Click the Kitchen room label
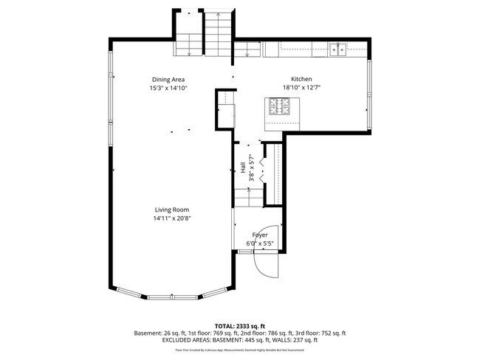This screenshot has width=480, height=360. click(301, 79)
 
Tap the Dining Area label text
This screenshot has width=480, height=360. click(168, 80)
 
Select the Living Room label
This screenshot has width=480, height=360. click(171, 210)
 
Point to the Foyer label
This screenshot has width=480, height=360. click(260, 235)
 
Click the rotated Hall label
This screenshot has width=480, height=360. click(242, 169)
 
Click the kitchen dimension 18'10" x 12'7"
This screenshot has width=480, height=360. click(301, 88)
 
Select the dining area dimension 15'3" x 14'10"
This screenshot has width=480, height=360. click(168, 88)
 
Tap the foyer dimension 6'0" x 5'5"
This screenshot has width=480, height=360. click(260, 243)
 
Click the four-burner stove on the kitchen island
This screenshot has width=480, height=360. click(280, 108)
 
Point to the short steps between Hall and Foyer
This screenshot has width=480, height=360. click(248, 197)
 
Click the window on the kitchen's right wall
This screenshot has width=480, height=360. click(369, 93)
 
